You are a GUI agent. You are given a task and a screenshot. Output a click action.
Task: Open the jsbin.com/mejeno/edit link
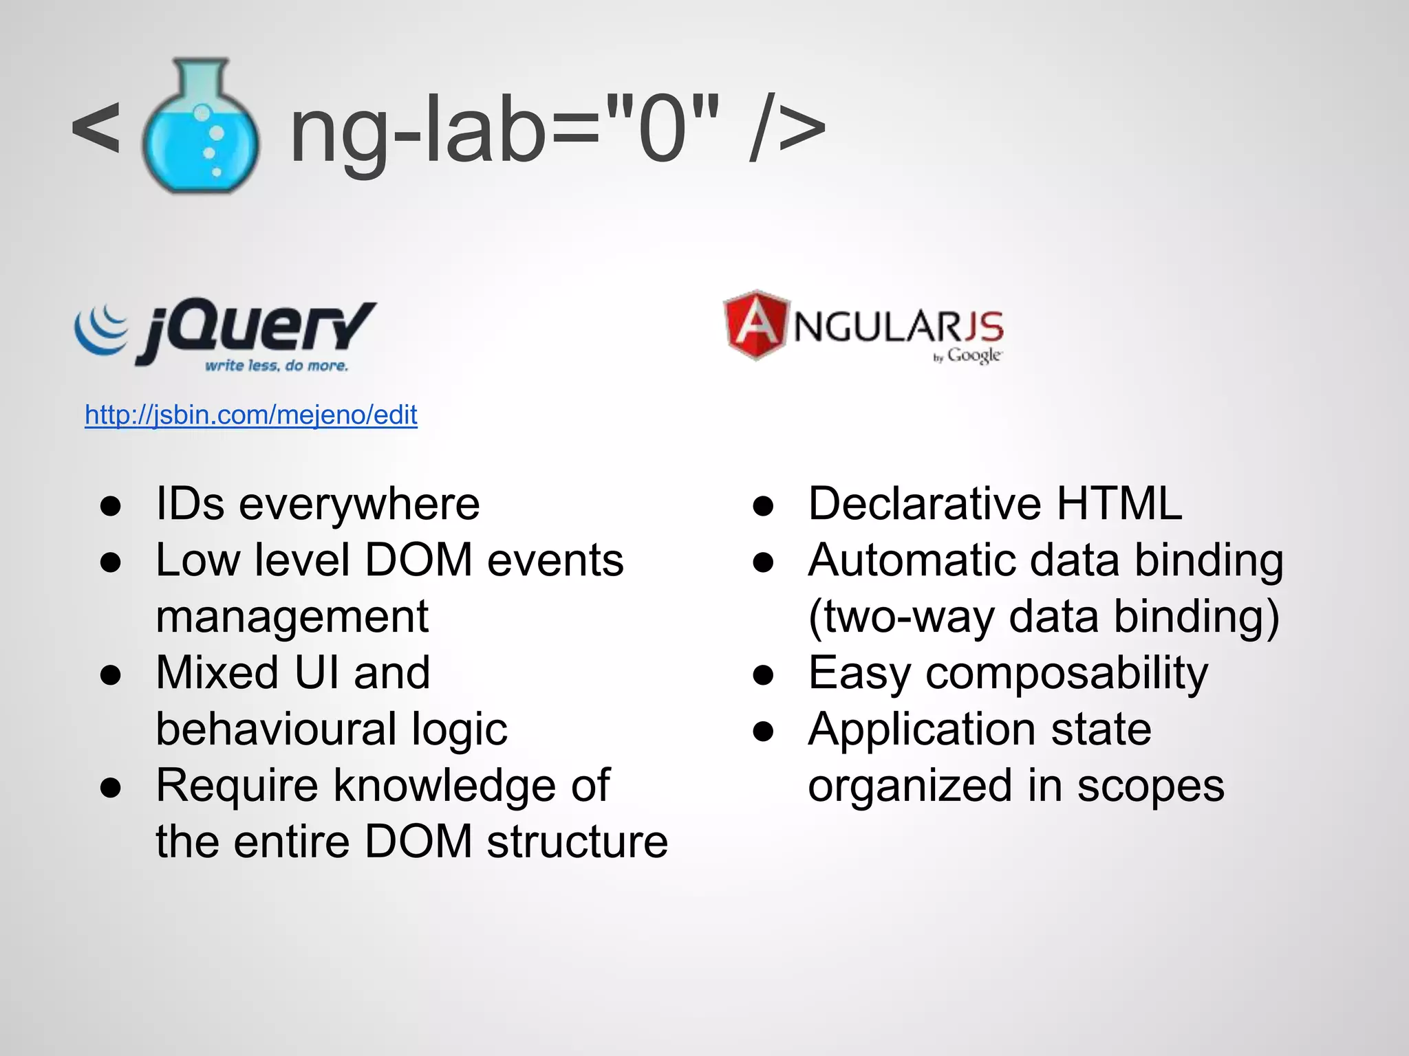click(x=251, y=415)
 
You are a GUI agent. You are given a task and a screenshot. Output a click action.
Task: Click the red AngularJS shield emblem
click(x=755, y=324)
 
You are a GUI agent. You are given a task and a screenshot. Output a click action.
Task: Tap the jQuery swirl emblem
click(x=102, y=330)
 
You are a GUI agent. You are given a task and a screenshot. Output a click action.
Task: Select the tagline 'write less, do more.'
click(x=277, y=366)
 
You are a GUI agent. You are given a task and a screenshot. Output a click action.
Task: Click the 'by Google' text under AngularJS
click(x=967, y=355)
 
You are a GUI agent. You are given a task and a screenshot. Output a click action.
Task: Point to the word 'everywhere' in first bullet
click(x=359, y=505)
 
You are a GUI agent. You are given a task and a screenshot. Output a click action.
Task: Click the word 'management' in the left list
click(x=292, y=617)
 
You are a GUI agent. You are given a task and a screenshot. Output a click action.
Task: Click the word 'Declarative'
click(x=925, y=504)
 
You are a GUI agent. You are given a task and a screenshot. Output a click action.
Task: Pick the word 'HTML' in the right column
click(x=1119, y=504)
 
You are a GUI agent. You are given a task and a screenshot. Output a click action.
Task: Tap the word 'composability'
click(x=1066, y=674)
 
